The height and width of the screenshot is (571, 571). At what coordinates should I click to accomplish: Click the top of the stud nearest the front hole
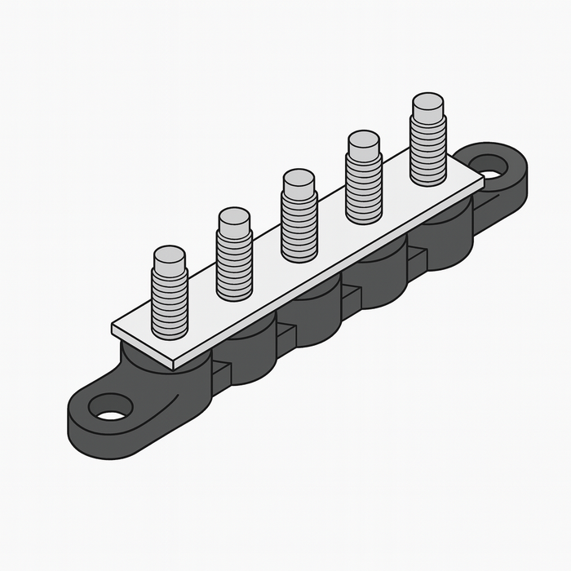(x=170, y=255)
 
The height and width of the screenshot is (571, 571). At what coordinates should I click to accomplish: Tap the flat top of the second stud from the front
(x=234, y=217)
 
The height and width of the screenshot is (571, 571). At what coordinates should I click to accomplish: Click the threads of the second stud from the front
(x=234, y=261)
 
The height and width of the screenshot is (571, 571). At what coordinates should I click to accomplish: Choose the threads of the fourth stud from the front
(x=364, y=186)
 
